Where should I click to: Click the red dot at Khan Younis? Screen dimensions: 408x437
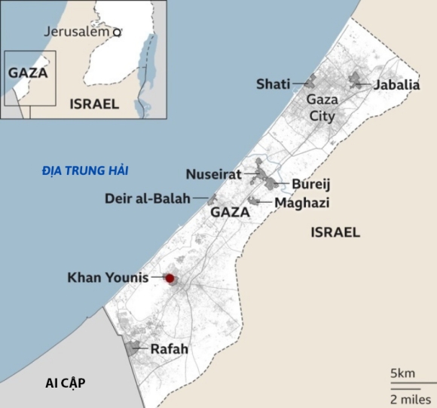[170, 278]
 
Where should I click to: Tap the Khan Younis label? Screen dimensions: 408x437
[108, 278]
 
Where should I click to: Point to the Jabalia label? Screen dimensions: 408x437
[396, 84]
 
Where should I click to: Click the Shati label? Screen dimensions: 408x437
[273, 84]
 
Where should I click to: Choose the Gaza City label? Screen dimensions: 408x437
[321, 107]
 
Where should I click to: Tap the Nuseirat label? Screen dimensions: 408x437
[213, 174]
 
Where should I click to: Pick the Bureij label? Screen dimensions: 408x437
[311, 184]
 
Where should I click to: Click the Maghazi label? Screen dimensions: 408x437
[302, 202]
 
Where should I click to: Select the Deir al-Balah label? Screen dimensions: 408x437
[148, 198]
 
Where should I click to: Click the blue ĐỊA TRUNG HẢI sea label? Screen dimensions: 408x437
[84, 171]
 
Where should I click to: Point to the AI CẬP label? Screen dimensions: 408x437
[64, 383]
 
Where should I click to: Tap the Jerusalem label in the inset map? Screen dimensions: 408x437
[77, 32]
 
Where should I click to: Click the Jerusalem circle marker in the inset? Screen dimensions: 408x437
[117, 32]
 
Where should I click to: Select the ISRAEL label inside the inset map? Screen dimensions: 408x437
[93, 104]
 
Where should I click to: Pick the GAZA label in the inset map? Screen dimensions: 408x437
[28, 73]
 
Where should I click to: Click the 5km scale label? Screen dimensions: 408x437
[402, 374]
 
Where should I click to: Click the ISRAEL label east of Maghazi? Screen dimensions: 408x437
[335, 232]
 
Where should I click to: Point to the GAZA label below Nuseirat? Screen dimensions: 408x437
[230, 213]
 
